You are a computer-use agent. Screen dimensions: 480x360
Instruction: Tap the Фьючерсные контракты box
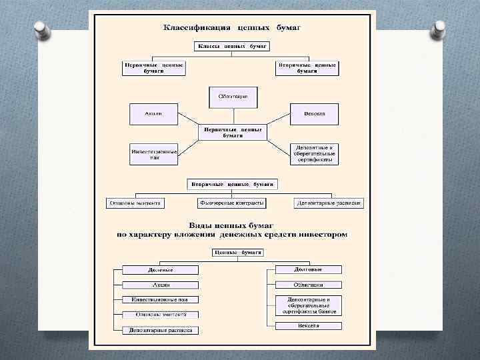[x=231, y=203]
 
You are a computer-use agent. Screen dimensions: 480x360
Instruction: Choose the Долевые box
[x=160, y=270]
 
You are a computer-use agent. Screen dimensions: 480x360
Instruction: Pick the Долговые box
[x=309, y=270]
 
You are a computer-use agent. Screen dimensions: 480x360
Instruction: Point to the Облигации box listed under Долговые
[x=309, y=285]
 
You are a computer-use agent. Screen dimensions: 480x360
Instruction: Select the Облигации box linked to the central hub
[x=233, y=97]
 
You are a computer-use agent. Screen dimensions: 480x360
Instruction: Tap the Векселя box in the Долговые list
[x=309, y=326]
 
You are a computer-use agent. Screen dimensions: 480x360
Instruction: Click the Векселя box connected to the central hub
[x=315, y=114]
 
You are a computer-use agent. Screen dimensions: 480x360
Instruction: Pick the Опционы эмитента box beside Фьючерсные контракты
[x=135, y=203]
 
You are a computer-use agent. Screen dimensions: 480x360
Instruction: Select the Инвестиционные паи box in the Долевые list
[x=160, y=300]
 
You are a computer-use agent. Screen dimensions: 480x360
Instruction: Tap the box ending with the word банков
[x=309, y=305]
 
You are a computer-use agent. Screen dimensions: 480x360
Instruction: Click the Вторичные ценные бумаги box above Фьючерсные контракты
[x=233, y=183]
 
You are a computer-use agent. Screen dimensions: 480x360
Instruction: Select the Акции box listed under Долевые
[x=160, y=285]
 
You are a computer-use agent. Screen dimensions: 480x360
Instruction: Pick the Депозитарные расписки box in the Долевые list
[x=160, y=330]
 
